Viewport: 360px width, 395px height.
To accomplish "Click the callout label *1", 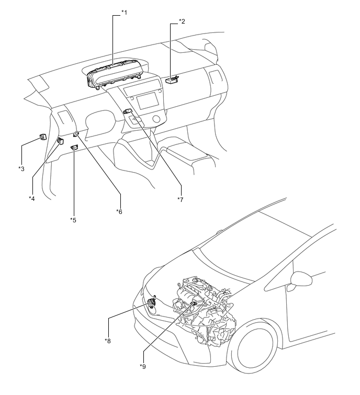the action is click(x=124, y=13).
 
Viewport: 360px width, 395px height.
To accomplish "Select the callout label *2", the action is click(x=182, y=21).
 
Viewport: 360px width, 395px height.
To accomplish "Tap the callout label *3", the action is click(x=21, y=169).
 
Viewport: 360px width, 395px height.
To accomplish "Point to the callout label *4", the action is click(x=32, y=198).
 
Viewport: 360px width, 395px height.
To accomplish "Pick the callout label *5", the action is click(x=73, y=220).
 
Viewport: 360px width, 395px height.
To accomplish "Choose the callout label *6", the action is click(x=119, y=211).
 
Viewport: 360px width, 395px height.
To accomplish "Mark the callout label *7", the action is click(x=181, y=199).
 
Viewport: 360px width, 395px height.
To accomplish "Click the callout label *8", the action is click(x=108, y=341).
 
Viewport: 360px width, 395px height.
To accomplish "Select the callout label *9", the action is click(x=143, y=367).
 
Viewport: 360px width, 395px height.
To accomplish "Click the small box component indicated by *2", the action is click(x=172, y=80).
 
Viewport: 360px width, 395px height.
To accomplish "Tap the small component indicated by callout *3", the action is click(x=43, y=137).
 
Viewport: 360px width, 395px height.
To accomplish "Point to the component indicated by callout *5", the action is click(x=75, y=148).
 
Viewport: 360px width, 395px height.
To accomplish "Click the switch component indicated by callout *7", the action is click(x=128, y=111).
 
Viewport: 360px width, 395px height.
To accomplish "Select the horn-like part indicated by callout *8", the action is click(x=151, y=302).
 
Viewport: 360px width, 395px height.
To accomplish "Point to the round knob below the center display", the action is click(x=156, y=118).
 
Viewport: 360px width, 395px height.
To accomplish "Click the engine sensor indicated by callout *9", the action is click(x=194, y=303).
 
